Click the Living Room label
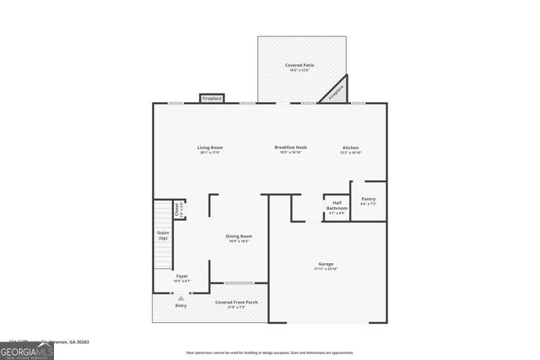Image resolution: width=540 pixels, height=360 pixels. coord(211,148)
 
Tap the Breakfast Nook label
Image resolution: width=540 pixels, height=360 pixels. coord(290,148)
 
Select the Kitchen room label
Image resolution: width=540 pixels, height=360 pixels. coord(350,148)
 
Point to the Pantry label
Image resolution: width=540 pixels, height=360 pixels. coord(368,199)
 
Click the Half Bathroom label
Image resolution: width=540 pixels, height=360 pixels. coord(337,203)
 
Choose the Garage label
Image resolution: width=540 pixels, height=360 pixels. coord(326,263)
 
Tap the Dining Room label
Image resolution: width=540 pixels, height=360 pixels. coord(239,236)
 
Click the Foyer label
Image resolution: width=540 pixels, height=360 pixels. coord(181,276)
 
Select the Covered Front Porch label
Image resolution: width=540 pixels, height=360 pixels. coord(236,302)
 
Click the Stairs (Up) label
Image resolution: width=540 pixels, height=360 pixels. coord(163,235)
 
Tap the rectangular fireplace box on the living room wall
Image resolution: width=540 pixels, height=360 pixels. coord(211,99)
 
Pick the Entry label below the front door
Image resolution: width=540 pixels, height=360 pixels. coord(181,305)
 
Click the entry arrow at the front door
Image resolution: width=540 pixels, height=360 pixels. coord(181,298)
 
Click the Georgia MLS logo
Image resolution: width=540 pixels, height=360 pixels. coord(27,351)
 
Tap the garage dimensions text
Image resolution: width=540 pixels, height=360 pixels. coord(326,269)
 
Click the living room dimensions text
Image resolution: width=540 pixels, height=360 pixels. coord(211,153)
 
